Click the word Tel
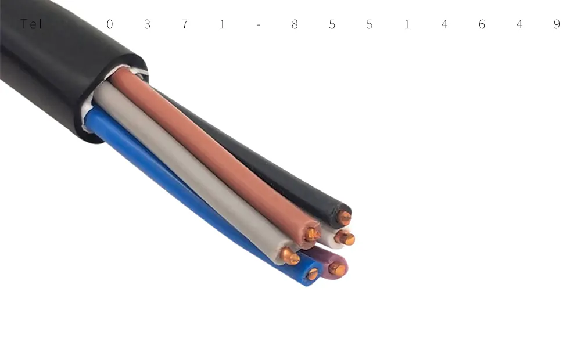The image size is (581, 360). [31, 24]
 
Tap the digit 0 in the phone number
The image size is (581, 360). [110, 24]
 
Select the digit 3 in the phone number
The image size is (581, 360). [147, 24]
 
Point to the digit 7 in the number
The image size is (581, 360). [185, 24]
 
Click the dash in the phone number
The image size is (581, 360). [259, 25]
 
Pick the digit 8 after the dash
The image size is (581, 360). [295, 24]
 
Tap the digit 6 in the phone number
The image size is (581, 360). [482, 24]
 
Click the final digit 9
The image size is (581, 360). [557, 24]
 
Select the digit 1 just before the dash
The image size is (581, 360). [222, 24]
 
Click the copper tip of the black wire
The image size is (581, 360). [344, 218]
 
